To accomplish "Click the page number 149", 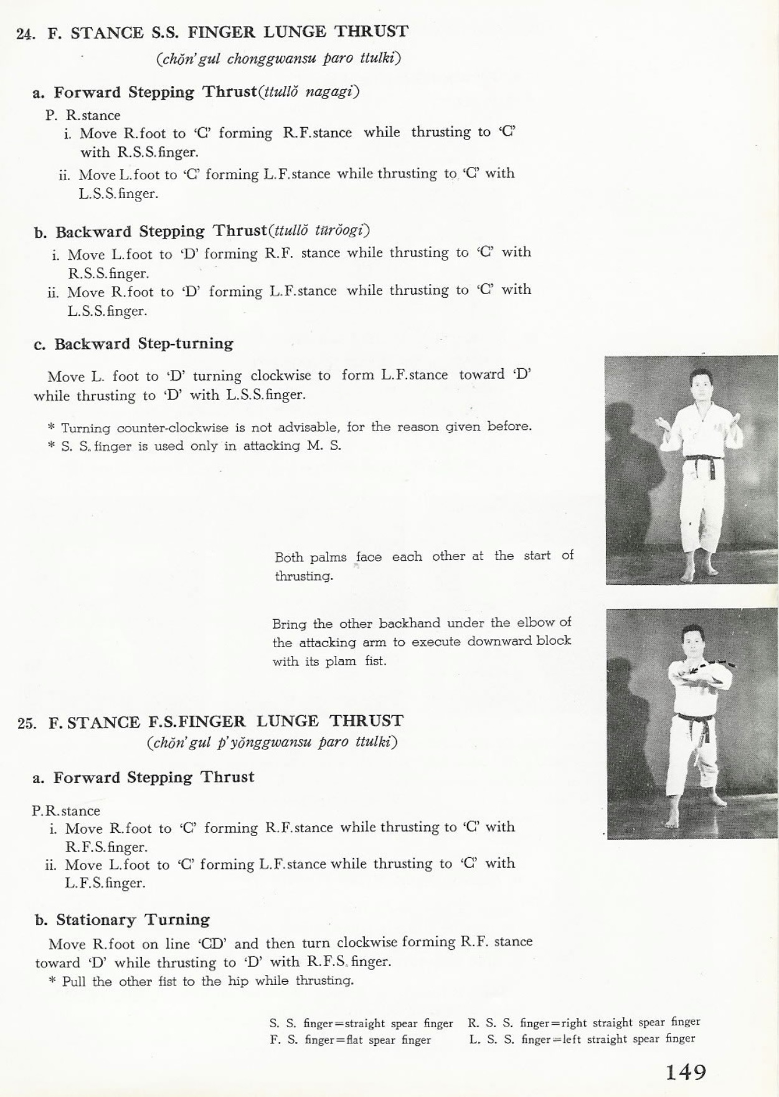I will point(686,1073).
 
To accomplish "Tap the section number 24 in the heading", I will point(26,34).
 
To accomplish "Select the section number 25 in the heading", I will point(26,723).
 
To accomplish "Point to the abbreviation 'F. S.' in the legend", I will point(283,1040).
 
